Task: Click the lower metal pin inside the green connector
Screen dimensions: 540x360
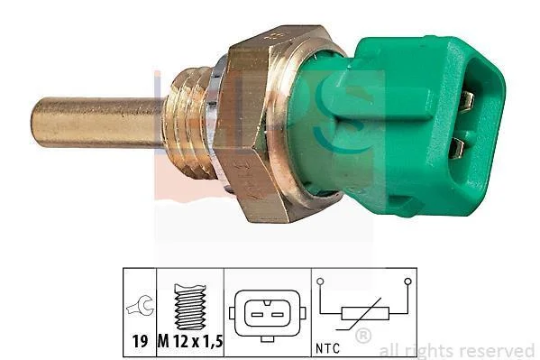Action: coord(458,148)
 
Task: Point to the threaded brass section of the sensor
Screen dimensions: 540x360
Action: coord(188,123)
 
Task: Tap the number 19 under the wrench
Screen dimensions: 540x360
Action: coord(140,341)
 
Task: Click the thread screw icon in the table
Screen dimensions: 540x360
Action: coord(190,307)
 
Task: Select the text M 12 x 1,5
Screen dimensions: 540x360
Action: coord(190,341)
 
